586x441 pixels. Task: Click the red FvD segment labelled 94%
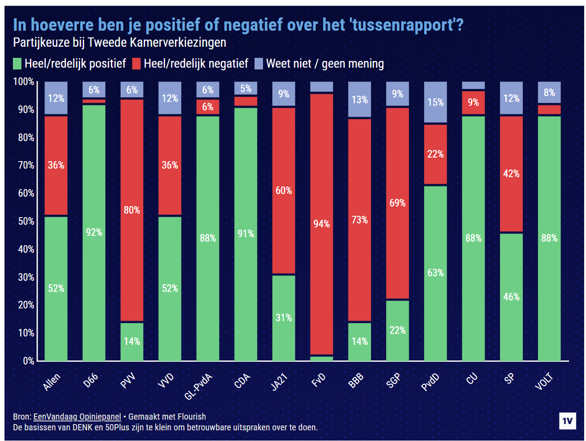point(321,224)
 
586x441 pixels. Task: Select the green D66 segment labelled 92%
point(94,233)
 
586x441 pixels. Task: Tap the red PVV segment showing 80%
point(132,210)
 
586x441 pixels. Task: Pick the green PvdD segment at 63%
point(435,273)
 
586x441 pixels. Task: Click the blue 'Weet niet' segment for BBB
point(359,100)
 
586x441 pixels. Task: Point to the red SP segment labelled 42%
point(511,174)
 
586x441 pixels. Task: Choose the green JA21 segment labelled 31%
point(283,318)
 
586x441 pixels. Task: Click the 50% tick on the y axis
point(26,221)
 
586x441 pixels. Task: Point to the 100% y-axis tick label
point(24,82)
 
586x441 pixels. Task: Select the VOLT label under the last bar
point(544,381)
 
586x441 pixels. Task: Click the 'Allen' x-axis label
point(51,382)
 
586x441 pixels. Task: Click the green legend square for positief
point(17,64)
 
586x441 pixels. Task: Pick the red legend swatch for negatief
point(136,64)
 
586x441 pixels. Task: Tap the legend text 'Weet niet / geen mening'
point(325,64)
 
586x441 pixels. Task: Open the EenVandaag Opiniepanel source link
point(77,417)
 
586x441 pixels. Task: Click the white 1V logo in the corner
point(567,421)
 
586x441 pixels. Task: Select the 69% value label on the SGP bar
point(397,203)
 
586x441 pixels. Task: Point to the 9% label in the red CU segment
point(473,102)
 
